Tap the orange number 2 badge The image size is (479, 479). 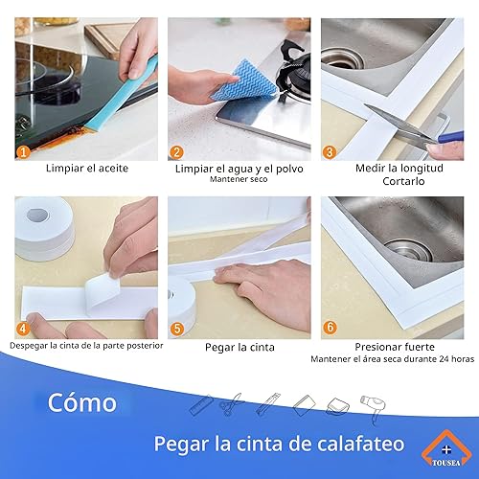[x=177, y=152]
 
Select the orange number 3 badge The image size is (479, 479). [x=330, y=152]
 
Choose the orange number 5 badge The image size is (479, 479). [x=177, y=329]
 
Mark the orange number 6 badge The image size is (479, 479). [x=330, y=329]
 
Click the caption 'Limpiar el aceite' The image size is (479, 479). [x=86, y=169]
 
